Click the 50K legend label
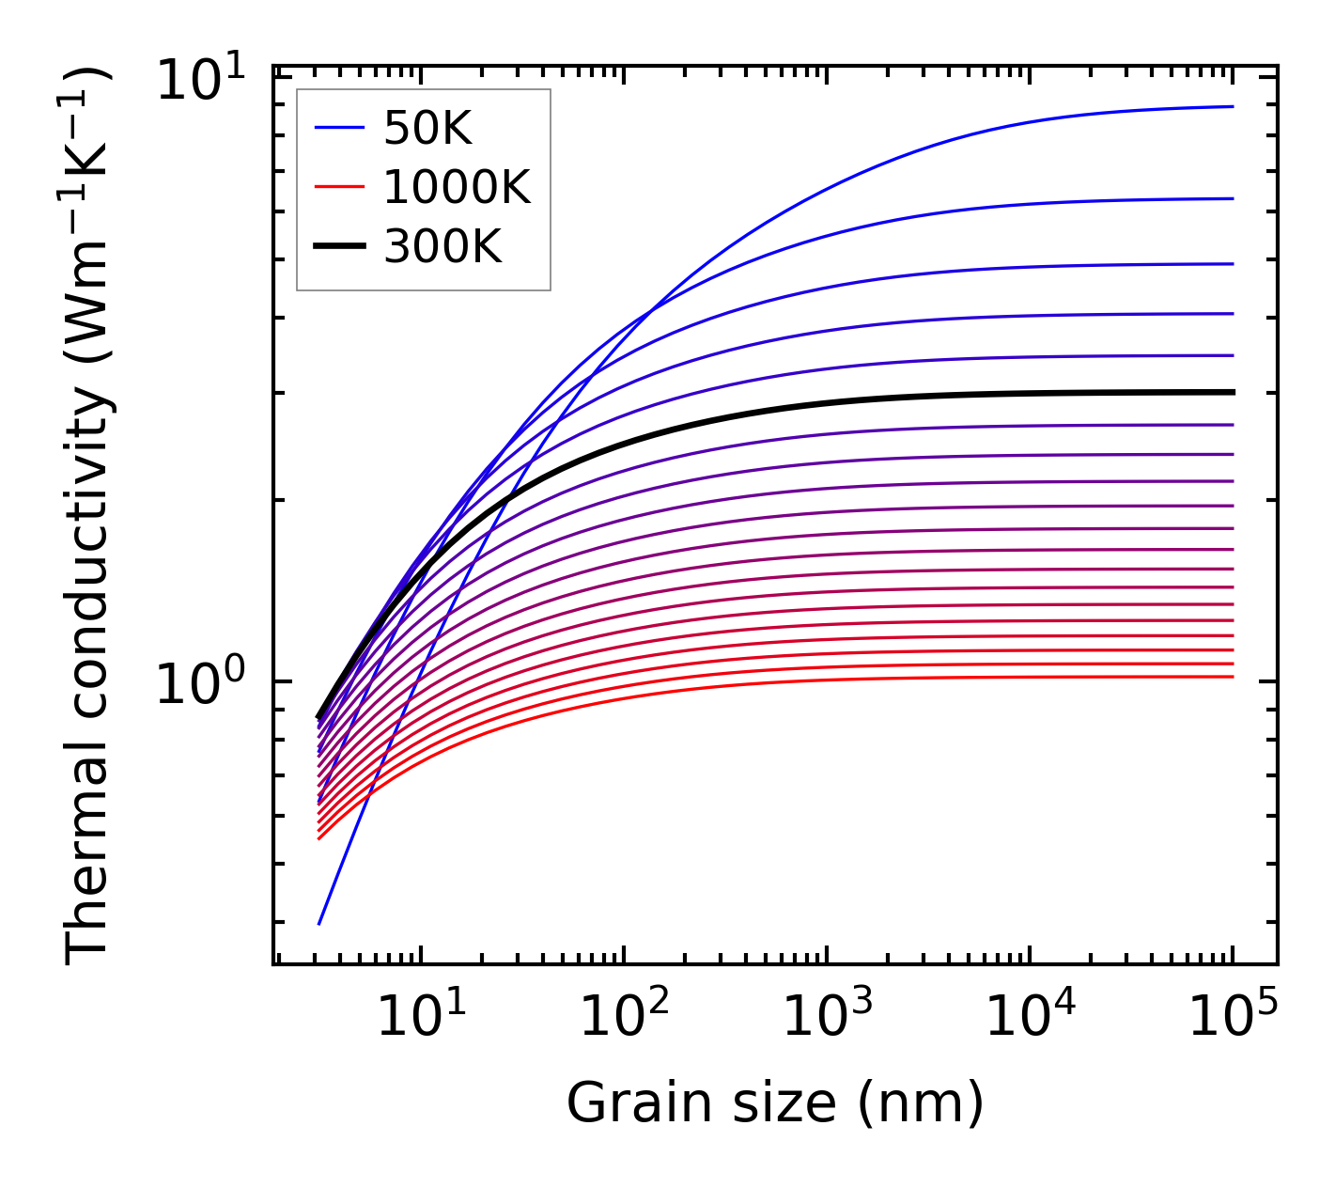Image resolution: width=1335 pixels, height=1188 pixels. click(427, 130)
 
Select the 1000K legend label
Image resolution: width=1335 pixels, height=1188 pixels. click(457, 189)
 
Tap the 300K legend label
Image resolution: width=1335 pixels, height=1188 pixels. click(442, 248)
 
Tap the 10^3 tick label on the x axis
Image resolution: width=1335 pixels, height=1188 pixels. click(827, 1015)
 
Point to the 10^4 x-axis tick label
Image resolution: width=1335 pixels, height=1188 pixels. click(1030, 1015)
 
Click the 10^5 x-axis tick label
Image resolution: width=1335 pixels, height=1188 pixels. click(1233, 1015)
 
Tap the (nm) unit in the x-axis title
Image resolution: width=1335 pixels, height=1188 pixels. click(921, 1102)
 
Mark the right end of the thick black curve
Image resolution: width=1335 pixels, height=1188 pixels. click(1233, 392)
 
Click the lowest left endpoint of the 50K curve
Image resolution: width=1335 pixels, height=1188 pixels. click(319, 924)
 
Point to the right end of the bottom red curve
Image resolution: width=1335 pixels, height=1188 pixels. click(1233, 677)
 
